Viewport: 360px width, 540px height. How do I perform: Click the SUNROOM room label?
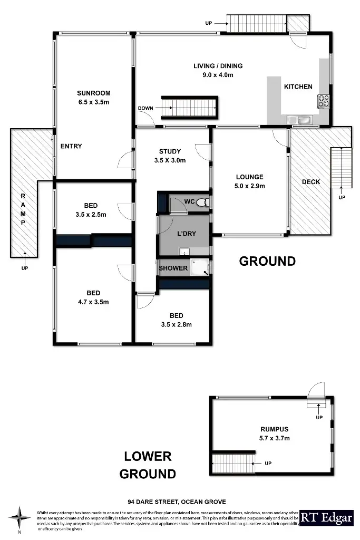pos(93,93)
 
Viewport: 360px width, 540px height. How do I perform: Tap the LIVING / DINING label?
pos(218,66)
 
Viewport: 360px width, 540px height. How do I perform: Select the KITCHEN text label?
pos(298,86)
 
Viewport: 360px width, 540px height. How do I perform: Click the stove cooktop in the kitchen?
pos(323,100)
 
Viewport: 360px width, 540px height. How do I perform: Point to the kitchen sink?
pos(304,120)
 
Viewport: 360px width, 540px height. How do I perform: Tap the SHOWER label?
pos(173,268)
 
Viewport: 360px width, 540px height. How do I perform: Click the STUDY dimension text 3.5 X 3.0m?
pos(170,160)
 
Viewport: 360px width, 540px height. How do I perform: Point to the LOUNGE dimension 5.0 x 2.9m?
pos(249,186)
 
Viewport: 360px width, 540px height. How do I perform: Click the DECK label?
pos(310,182)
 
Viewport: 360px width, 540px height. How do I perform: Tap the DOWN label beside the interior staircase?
pos(145,108)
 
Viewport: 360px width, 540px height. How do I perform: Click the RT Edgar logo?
pos(326,518)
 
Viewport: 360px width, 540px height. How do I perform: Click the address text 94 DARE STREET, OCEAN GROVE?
pos(177,502)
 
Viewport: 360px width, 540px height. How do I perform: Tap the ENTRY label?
pos(71,146)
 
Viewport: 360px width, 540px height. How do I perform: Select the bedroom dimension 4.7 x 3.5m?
pos(93,302)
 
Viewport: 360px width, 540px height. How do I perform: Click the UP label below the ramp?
pos(25,268)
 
